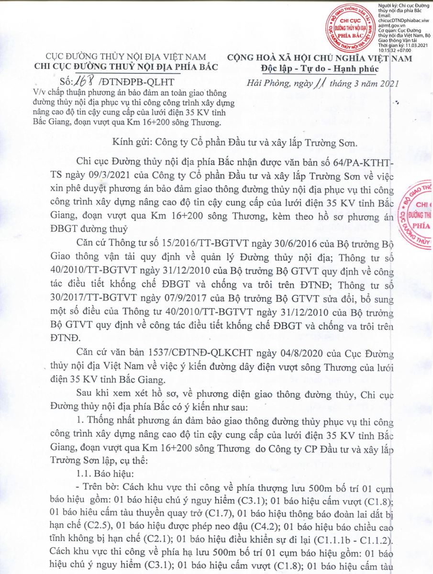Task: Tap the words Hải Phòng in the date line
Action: (x=267, y=85)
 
